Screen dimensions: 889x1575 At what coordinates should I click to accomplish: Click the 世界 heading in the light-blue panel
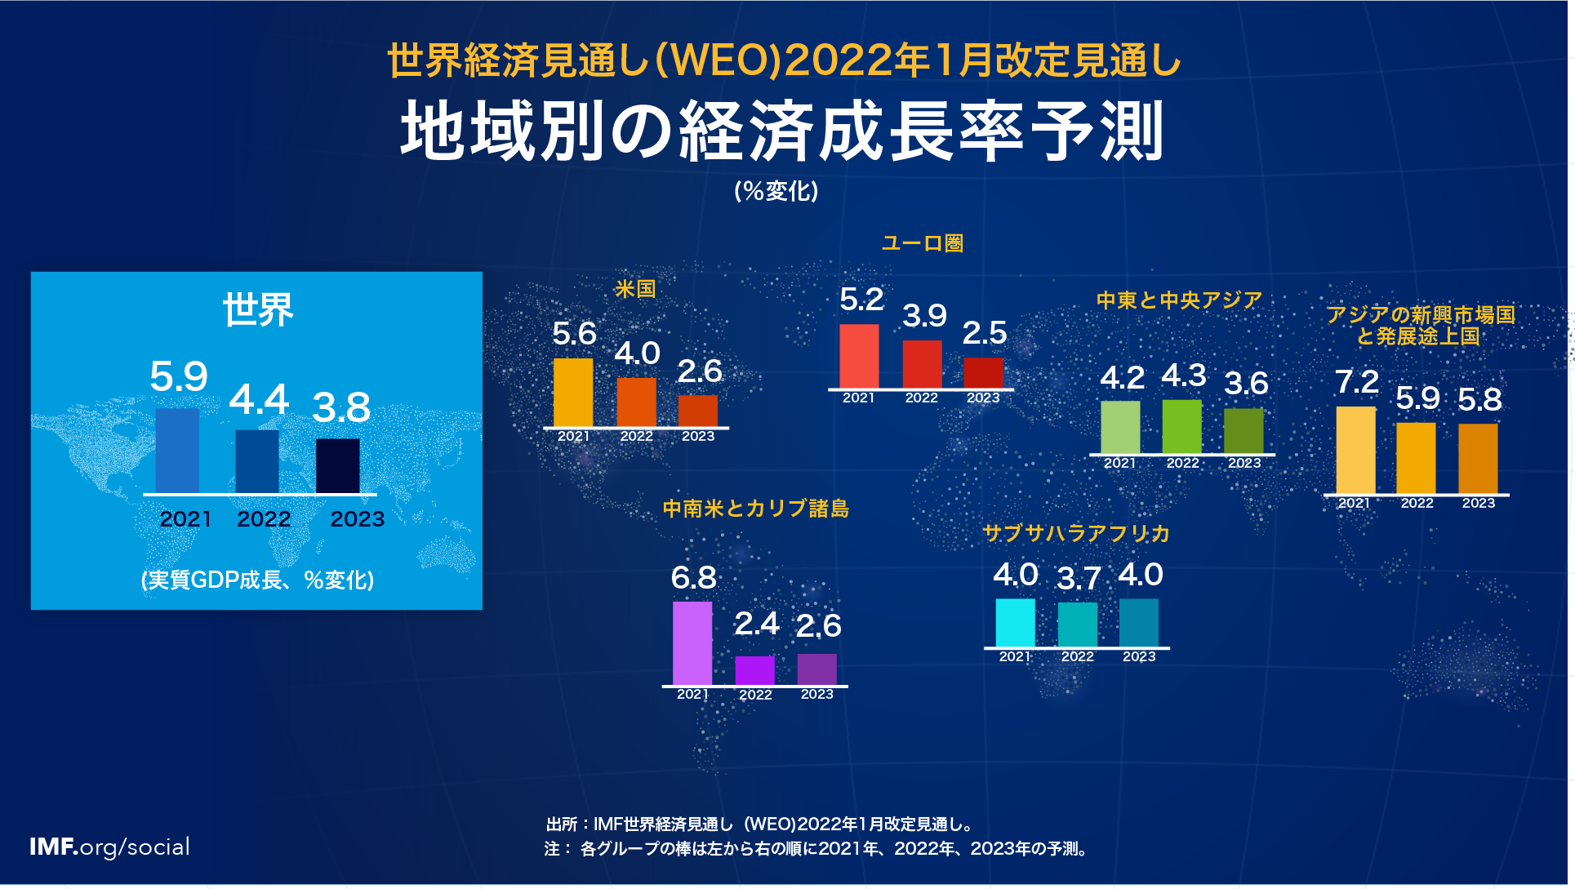click(x=258, y=310)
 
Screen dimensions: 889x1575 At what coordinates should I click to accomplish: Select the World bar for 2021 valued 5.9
click(x=177, y=451)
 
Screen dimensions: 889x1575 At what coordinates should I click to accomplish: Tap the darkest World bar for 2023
click(x=338, y=465)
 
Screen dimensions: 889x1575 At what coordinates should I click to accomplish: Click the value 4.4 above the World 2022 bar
click(x=259, y=400)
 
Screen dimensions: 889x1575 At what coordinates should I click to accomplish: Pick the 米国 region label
click(x=635, y=289)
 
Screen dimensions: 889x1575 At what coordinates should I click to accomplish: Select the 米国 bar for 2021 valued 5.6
click(x=573, y=392)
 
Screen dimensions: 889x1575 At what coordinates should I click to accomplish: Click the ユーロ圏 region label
click(x=923, y=243)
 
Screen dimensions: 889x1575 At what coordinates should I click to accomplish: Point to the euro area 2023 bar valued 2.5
click(x=983, y=372)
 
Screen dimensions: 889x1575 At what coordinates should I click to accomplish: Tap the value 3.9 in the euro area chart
click(x=924, y=316)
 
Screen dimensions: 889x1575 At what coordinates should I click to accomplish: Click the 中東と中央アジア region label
click(x=1179, y=300)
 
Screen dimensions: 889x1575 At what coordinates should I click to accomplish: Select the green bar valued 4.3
click(x=1181, y=426)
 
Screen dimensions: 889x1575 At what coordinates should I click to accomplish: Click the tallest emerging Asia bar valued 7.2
click(x=1355, y=450)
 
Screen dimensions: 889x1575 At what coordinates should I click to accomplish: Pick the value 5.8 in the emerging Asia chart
click(x=1479, y=400)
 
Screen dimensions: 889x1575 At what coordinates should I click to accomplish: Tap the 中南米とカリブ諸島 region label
click(x=755, y=509)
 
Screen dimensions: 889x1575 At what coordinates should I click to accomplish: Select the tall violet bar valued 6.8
click(x=692, y=643)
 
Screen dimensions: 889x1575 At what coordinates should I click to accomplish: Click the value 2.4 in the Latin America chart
click(x=756, y=625)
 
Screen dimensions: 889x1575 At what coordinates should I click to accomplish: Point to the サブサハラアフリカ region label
click(x=1076, y=534)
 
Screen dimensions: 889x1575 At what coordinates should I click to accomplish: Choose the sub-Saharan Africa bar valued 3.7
click(x=1077, y=625)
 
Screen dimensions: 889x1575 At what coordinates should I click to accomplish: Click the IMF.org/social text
click(x=109, y=847)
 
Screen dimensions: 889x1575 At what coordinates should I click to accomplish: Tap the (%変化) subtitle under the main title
click(x=776, y=191)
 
